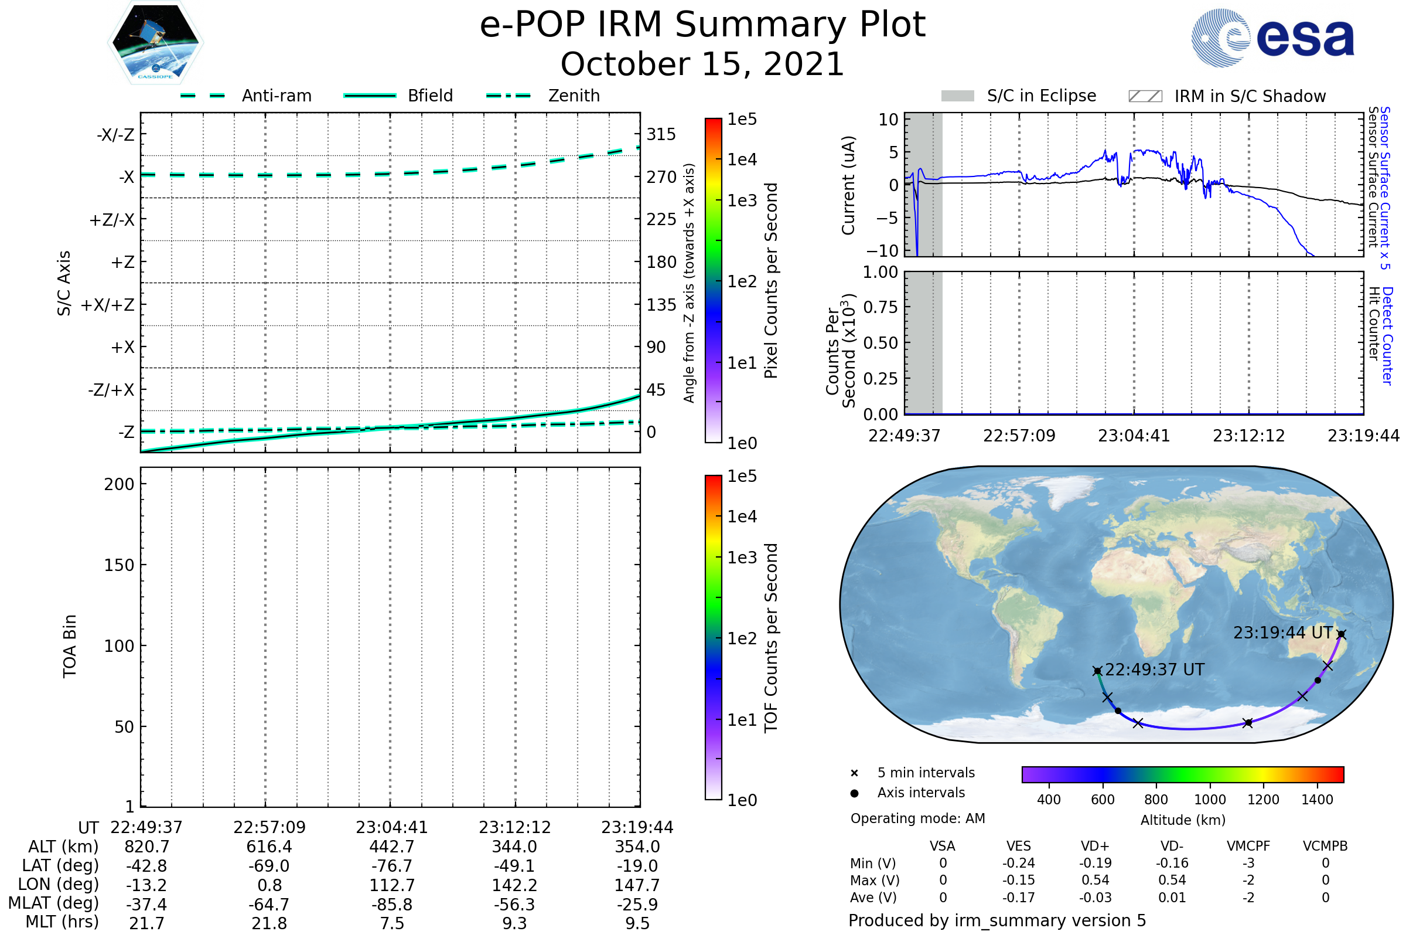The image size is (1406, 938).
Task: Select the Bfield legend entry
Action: coord(430,96)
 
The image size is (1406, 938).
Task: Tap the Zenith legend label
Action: coord(574,96)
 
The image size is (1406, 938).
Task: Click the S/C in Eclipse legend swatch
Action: coord(957,96)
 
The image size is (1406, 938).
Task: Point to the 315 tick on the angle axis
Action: coord(661,134)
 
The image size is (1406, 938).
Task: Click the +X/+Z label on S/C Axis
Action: coord(108,305)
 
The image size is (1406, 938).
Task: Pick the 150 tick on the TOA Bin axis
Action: coord(119,565)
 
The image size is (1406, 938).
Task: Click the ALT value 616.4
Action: coord(269,847)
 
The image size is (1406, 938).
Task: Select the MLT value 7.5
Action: coord(391,923)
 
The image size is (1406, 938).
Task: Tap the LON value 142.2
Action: coord(514,885)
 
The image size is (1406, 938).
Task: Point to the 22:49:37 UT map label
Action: coord(1154,669)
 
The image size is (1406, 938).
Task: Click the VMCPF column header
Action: coord(1248,846)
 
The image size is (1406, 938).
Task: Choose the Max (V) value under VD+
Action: coord(1095,880)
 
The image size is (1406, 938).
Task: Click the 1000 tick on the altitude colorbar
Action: coord(1209,800)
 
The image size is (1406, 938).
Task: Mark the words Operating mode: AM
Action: coord(917,818)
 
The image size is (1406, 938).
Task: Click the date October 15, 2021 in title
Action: coord(702,64)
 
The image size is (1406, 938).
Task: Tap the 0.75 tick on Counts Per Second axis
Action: coord(881,307)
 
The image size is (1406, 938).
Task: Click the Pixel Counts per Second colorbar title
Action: coord(771,281)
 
